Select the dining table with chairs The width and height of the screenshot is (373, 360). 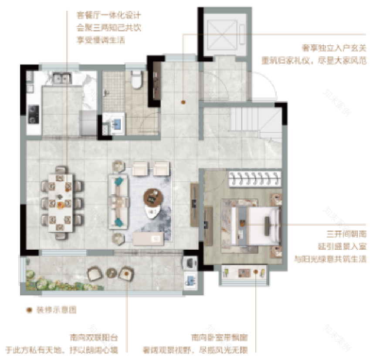(x=61, y=202)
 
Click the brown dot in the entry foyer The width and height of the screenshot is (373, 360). (x=183, y=102)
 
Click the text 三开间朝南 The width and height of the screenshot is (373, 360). (x=346, y=234)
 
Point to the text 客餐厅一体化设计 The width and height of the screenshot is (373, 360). (x=109, y=15)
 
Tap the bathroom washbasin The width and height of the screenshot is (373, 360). (x=116, y=123)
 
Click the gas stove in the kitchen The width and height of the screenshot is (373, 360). (x=32, y=114)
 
